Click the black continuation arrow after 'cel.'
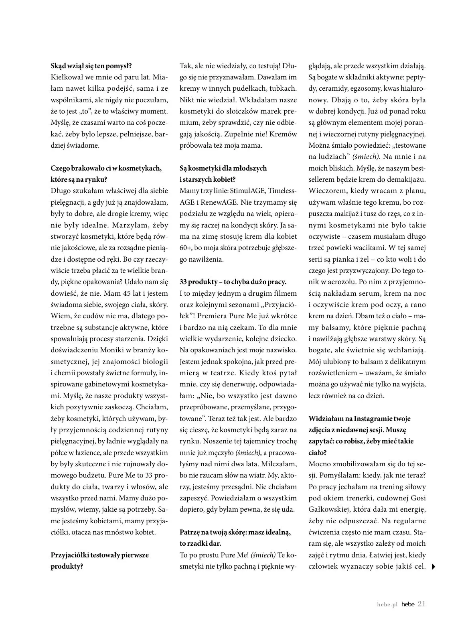click(x=433, y=567)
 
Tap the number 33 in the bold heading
click(x=184, y=282)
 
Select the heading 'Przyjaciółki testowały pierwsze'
click(x=100, y=555)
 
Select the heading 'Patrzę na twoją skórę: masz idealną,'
click(x=235, y=532)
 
